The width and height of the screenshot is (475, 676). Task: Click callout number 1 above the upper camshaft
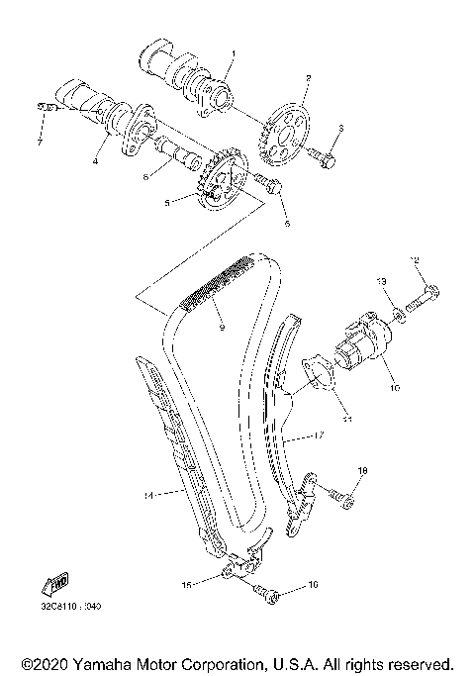[x=234, y=51]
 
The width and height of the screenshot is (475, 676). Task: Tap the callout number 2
[x=308, y=77]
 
